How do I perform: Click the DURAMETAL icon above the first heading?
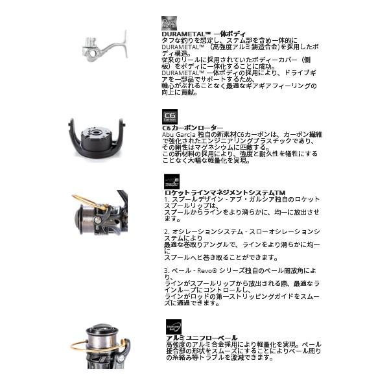coord(169,23)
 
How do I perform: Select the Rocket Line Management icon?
coord(171,182)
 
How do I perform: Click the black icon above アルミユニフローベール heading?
coord(173,327)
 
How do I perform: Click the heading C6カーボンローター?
coord(192,128)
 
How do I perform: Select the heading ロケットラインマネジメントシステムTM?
coord(224,193)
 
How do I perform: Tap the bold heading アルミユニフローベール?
coord(202,338)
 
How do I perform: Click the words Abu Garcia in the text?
coord(179,134)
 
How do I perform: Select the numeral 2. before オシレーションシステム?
coord(166,231)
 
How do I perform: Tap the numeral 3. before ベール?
coord(166,270)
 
